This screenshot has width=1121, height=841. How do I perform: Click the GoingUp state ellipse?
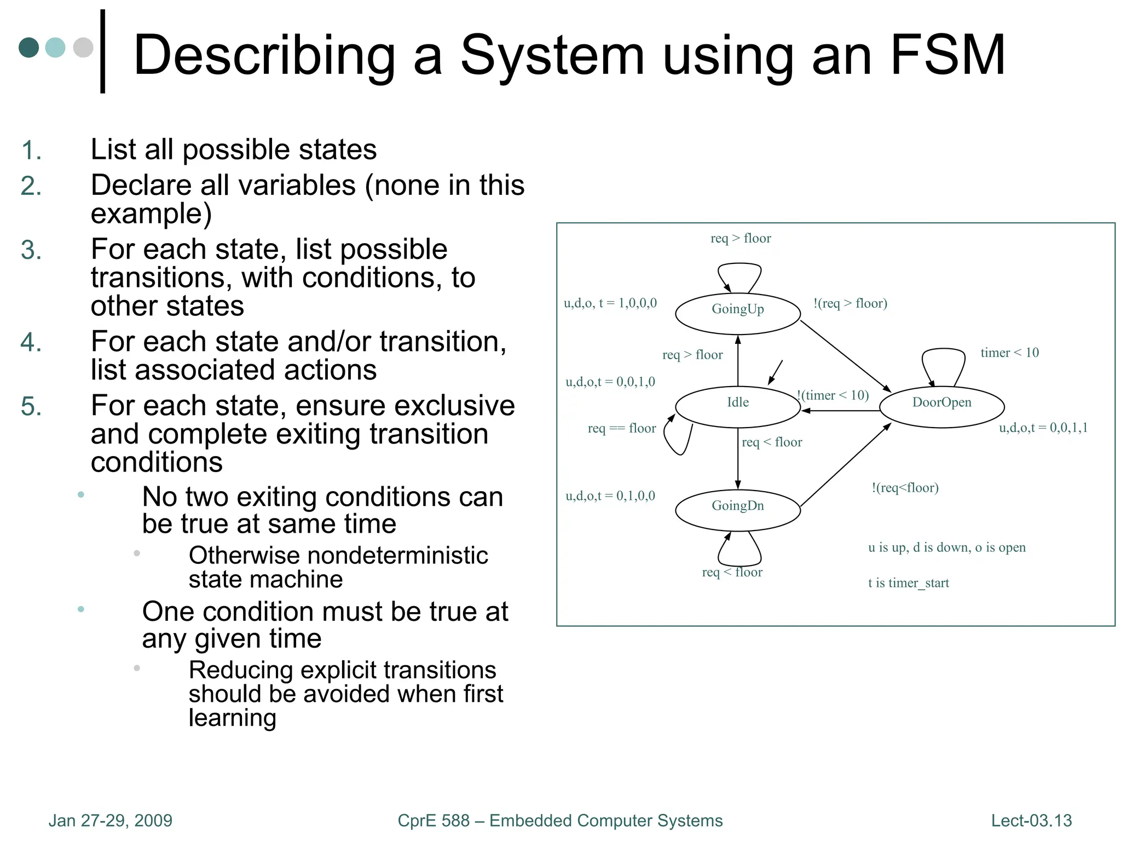(x=737, y=314)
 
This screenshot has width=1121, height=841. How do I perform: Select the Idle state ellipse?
(x=737, y=407)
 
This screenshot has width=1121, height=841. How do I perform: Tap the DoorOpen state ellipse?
(x=941, y=407)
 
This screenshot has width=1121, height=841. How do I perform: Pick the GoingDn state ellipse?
(x=737, y=510)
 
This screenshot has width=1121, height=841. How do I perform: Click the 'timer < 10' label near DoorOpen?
(x=1009, y=353)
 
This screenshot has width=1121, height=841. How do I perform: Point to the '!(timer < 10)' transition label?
(x=833, y=395)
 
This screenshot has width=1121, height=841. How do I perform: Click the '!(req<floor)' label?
(x=905, y=487)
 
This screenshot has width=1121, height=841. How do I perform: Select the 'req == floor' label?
(x=621, y=428)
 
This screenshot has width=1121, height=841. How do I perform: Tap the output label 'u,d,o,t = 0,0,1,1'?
(x=1043, y=428)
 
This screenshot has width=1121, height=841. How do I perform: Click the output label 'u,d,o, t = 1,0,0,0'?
(x=610, y=303)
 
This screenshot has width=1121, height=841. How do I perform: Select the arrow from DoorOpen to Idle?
(x=840, y=411)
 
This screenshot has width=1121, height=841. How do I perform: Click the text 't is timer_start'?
(x=908, y=583)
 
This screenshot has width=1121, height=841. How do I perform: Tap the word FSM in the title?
(x=947, y=55)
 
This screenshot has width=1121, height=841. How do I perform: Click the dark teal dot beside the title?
(x=29, y=48)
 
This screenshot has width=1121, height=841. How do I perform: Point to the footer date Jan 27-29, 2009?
(x=110, y=820)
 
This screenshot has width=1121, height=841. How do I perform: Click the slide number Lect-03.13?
(x=1031, y=820)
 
